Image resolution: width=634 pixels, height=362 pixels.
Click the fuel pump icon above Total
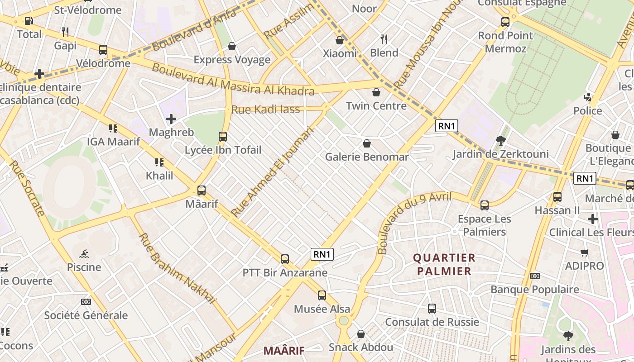pos(29,21)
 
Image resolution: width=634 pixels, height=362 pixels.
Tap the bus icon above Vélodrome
pos(103,50)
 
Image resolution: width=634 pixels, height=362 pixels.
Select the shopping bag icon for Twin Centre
pos(376,93)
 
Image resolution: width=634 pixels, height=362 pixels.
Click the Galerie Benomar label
pos(367,157)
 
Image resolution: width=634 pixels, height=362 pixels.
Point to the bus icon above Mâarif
pos(202,191)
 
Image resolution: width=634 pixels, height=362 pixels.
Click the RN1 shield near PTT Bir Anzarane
pos(322,254)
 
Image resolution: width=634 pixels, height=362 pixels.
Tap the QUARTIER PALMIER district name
pos(444,264)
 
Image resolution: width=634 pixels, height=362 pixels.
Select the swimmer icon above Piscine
pos(83,254)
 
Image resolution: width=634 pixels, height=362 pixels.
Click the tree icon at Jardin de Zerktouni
pos(500,141)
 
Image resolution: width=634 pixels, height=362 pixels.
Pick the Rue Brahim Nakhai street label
pos(177,268)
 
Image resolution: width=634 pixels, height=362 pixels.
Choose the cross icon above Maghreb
pos(171,119)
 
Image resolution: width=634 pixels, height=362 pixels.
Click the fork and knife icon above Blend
pos(384,39)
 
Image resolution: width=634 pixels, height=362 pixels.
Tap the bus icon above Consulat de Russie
pos(432,309)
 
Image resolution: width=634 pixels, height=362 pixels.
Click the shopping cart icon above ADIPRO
pos(584,253)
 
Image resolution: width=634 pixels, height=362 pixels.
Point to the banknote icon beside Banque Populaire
pos(535,276)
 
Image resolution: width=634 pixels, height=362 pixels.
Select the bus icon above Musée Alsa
pos(322,295)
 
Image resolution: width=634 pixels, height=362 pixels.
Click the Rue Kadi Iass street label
pos(265,109)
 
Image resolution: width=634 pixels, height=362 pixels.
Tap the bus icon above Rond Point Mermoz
pos(505,22)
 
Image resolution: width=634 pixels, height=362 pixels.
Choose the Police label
pos(588,111)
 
